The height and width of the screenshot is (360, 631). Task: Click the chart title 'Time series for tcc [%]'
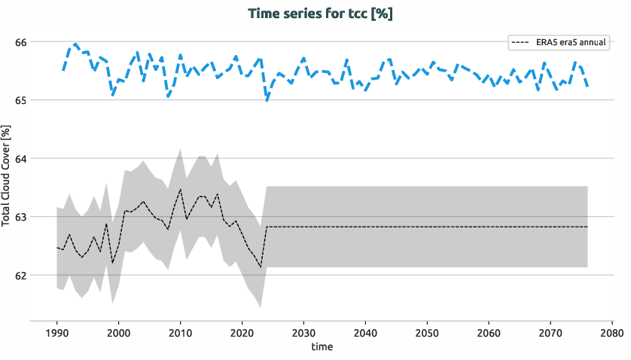[x=320, y=14]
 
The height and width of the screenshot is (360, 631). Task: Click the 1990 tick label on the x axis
[x=56, y=333]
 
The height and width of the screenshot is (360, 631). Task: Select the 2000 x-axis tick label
[x=118, y=333]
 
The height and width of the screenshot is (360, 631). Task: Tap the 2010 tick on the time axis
[x=180, y=333]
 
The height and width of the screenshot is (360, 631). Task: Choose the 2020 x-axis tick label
[x=242, y=333]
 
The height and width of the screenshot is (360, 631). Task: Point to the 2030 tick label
[x=303, y=333]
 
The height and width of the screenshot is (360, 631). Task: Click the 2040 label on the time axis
[x=365, y=333]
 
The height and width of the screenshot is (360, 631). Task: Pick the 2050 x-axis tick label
[x=427, y=333]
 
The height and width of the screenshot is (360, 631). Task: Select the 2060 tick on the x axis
[x=489, y=333]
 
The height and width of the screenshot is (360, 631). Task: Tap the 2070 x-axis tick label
[x=550, y=333]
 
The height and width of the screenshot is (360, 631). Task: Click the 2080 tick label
[x=611, y=333]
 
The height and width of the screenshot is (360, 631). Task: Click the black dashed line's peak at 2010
[x=180, y=189]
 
